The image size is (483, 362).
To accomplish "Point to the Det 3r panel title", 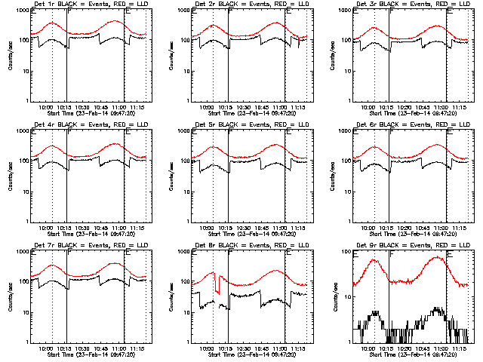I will tap(403, 6).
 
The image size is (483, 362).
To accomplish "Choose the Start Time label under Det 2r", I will tap(252, 113).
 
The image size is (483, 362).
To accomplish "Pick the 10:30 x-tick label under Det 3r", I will tap(405, 106).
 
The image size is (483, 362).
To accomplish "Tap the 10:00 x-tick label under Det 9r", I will tap(368, 348).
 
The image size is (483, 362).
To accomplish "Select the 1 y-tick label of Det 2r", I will tap(186, 101).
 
